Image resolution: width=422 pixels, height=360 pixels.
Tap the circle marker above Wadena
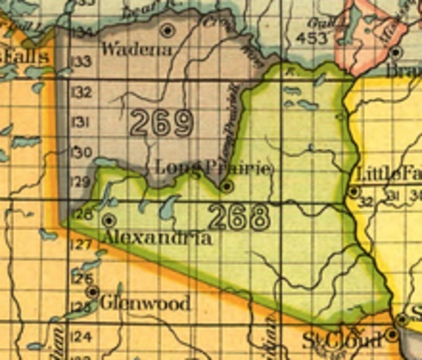[x=168, y=30]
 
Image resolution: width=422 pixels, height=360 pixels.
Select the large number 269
[x=162, y=122]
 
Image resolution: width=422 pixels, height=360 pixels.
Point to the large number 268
[x=239, y=217]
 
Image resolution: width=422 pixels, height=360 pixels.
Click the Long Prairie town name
[x=213, y=167]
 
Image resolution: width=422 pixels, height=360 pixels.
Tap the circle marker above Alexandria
[x=110, y=220]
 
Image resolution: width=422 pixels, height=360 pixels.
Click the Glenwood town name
[x=144, y=304]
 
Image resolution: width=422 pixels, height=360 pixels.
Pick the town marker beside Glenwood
[x=92, y=291]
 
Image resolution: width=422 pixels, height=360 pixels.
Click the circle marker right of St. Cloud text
[x=392, y=335]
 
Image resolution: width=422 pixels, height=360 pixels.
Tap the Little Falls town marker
[x=354, y=192]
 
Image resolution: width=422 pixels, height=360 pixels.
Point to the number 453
[x=312, y=37]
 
